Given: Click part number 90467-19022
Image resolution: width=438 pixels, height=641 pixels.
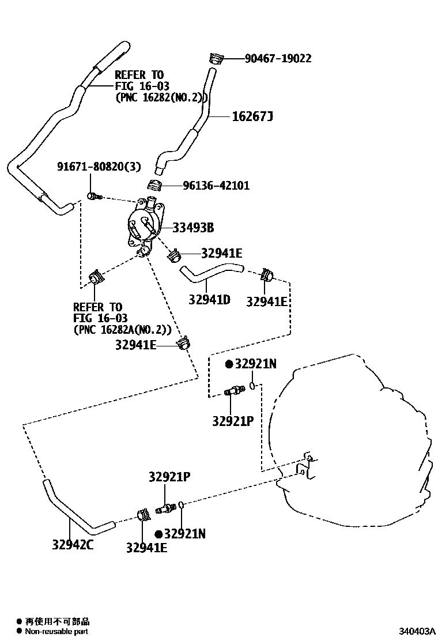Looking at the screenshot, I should tap(278, 58).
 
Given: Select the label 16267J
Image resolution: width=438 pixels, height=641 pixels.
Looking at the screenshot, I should tap(252, 117).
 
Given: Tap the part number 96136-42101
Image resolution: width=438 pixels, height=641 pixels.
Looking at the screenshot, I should tap(216, 186).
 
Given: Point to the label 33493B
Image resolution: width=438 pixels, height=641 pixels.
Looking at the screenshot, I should tap(193, 228).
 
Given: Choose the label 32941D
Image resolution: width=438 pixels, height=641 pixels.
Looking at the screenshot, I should tap(210, 300).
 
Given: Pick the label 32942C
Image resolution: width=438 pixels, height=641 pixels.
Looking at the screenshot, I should tap(73, 545).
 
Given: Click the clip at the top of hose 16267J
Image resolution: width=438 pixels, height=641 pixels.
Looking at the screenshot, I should tap(216, 58).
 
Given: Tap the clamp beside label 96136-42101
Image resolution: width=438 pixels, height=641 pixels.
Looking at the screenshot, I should tap(154, 186).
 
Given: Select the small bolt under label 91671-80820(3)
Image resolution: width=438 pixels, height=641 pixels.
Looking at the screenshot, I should tap(93, 197).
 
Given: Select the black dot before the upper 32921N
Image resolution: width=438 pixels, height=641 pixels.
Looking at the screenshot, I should tap(229, 364).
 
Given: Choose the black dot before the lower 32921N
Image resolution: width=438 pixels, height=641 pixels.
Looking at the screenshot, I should tap(158, 534).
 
